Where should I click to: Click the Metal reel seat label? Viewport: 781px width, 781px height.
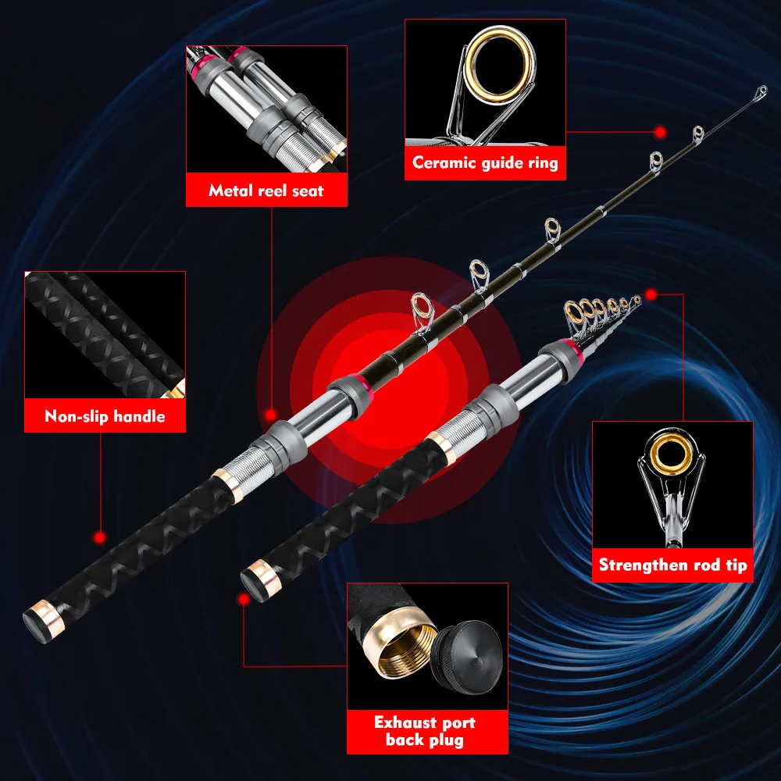tap(266, 191)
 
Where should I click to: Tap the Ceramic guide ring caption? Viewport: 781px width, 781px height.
tap(485, 163)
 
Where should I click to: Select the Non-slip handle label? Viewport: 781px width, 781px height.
tap(105, 416)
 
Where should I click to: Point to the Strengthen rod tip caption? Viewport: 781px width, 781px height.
tap(672, 565)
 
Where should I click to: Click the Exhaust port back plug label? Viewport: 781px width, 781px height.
tap(424, 730)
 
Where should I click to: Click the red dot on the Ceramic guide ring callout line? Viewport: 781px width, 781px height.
tap(660, 133)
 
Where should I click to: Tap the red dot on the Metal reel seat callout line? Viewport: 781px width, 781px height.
tap(270, 415)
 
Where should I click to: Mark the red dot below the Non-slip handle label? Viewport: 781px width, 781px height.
tap(99, 537)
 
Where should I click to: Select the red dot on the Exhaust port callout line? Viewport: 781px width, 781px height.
tap(244, 598)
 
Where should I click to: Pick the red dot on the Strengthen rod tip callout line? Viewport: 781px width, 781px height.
tap(650, 294)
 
